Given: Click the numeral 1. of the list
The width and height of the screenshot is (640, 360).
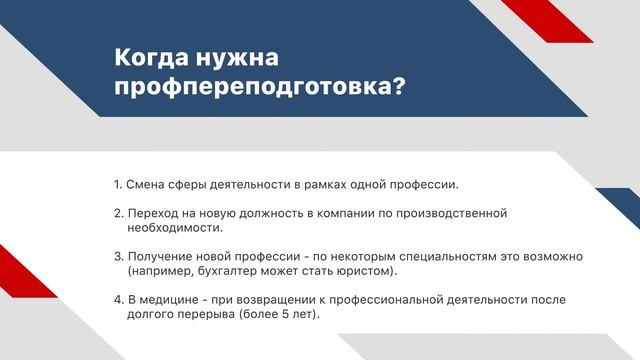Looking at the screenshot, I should pyautogui.click(x=118, y=185).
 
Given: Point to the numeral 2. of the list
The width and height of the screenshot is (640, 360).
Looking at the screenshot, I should pyautogui.click(x=119, y=213).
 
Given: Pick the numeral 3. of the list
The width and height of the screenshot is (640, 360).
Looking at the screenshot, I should pyautogui.click(x=119, y=257).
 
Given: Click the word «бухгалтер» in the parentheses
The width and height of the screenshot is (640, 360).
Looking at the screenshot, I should pyautogui.click(x=221, y=271).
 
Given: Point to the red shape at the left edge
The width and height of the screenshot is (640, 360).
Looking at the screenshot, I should pyautogui.click(x=12, y=270).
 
